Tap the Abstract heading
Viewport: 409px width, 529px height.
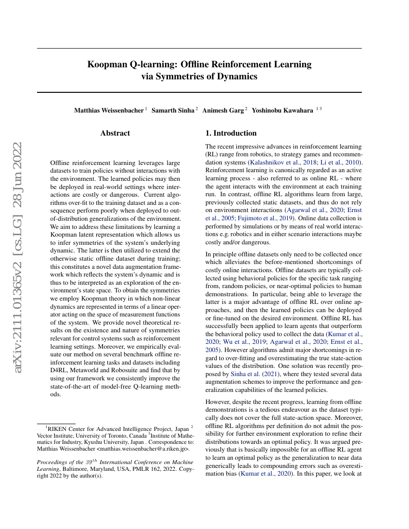115,133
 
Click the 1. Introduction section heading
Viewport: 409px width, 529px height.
231,133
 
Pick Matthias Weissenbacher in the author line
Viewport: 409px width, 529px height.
109,111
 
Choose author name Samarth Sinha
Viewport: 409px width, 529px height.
173,111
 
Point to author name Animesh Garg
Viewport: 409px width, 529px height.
223,111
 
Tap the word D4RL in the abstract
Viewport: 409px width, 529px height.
61,372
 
